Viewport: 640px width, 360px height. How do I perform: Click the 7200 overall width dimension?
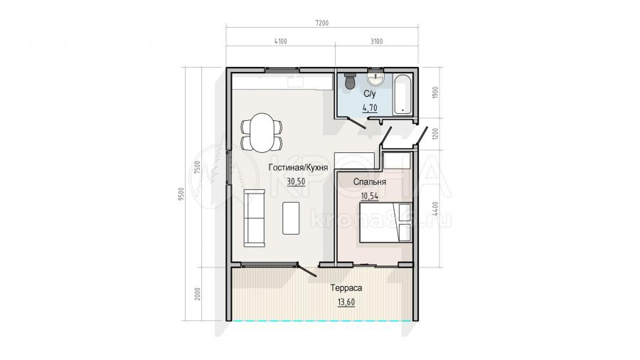tap(321, 23)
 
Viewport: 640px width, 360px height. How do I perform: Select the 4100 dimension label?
tap(280, 41)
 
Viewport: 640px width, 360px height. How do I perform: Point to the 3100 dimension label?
tap(376, 41)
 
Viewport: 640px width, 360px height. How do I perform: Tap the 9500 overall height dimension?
tap(181, 194)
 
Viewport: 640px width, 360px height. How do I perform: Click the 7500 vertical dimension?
tap(198, 167)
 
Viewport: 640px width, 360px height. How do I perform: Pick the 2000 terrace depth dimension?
tap(198, 294)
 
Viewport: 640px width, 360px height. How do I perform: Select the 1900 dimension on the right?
tap(435, 92)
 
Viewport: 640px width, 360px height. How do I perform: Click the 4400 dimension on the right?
tap(435, 208)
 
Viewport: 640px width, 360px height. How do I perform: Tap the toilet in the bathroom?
tap(350, 81)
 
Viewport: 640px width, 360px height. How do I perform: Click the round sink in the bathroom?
tap(375, 78)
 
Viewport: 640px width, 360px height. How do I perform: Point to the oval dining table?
tap(262, 132)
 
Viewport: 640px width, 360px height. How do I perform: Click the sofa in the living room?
tap(255, 218)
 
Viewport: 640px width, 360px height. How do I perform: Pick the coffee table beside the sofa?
tap(291, 218)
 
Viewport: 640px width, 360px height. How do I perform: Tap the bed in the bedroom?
tap(385, 223)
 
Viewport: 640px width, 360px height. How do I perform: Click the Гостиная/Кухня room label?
tap(298, 168)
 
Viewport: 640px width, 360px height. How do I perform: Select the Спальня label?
tap(369, 182)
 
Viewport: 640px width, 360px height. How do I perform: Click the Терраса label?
tap(346, 287)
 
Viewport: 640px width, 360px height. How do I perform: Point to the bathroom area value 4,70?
tap(370, 108)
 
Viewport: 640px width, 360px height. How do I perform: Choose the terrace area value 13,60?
tap(346, 302)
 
